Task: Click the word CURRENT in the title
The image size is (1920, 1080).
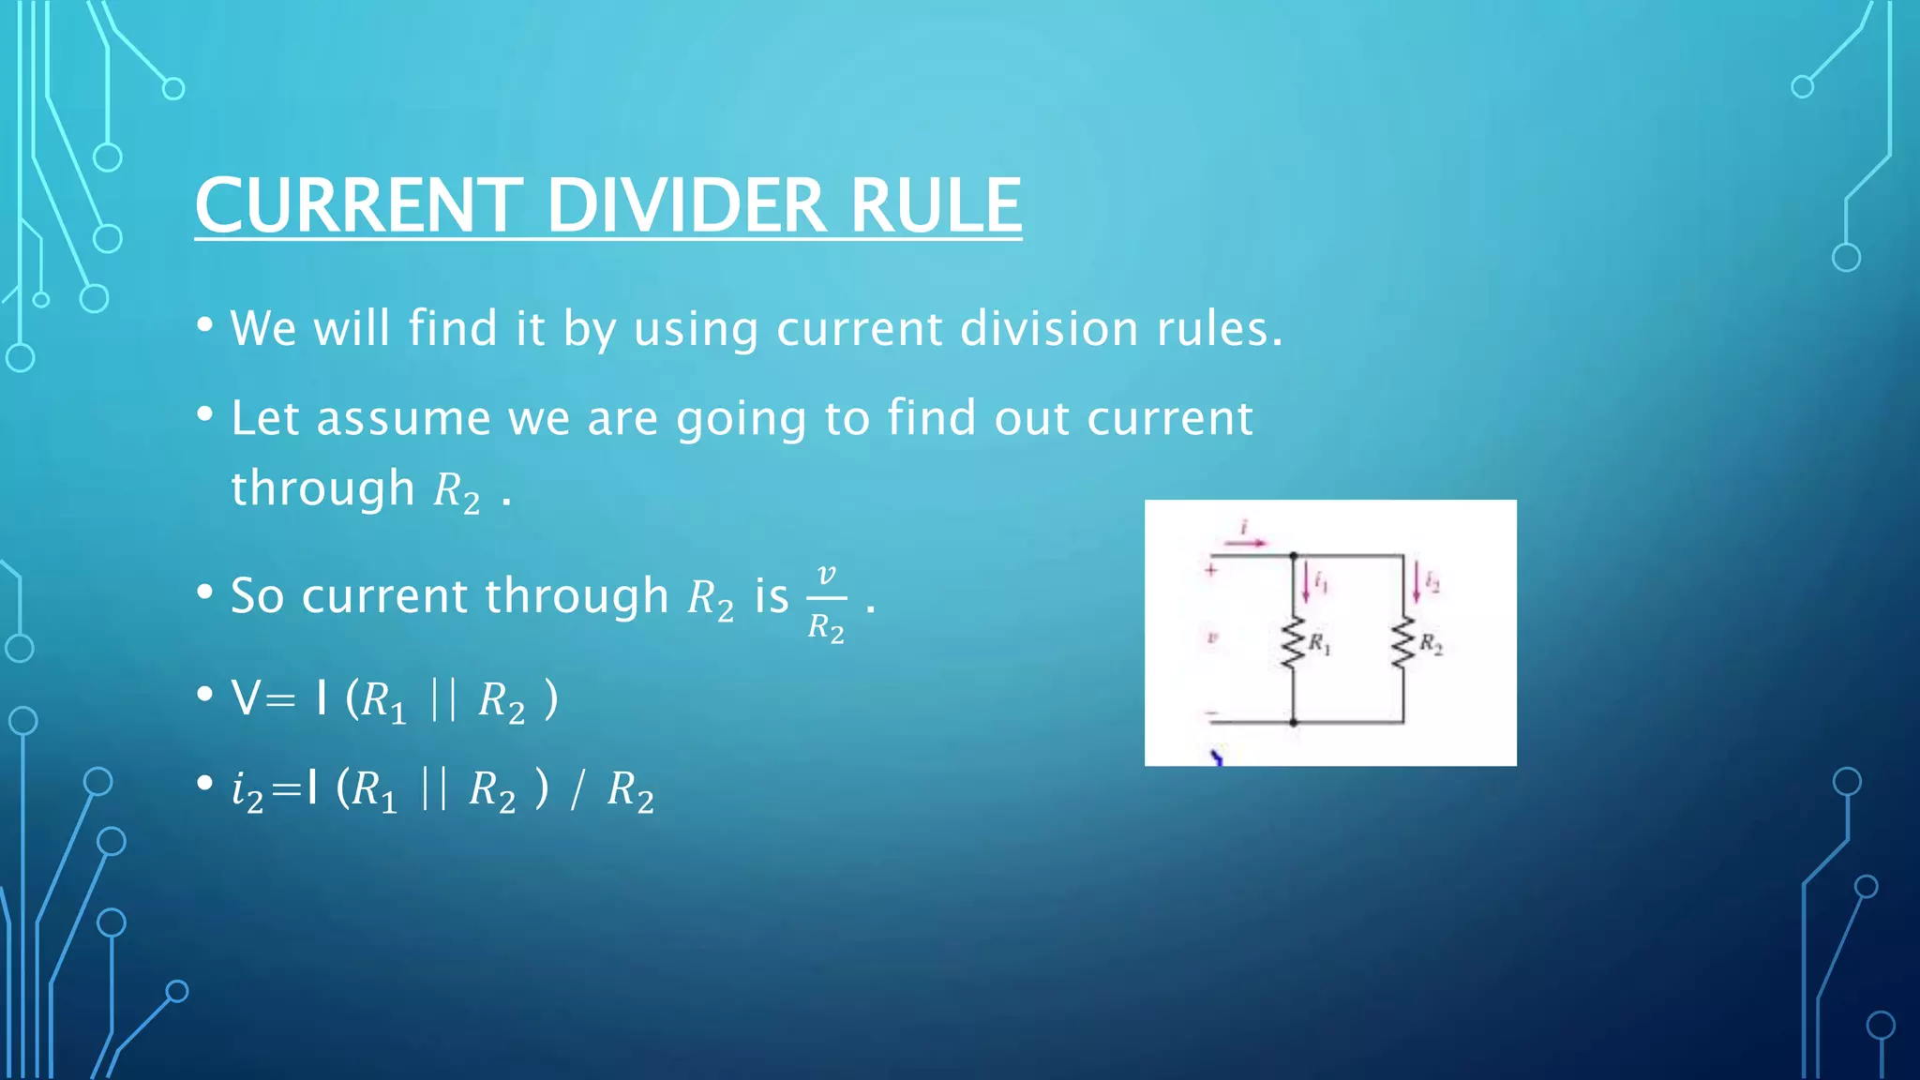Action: [x=358, y=205]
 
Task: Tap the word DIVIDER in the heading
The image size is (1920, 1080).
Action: [x=686, y=205]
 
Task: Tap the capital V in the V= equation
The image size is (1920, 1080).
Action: [x=247, y=698]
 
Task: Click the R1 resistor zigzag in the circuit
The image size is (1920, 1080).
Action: [x=1294, y=643]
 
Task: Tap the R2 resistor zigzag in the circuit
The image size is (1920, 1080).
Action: [x=1403, y=643]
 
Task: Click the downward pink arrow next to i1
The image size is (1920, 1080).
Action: [x=1306, y=584]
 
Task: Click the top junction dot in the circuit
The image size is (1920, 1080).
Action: [x=1294, y=556]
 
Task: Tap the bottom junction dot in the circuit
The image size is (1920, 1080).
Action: [x=1294, y=722]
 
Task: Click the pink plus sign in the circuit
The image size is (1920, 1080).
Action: [x=1211, y=569]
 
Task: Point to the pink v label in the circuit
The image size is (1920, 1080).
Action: [x=1211, y=638]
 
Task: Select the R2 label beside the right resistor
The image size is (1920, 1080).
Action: [x=1431, y=643]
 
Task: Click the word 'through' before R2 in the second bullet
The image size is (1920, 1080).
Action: [x=322, y=488]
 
